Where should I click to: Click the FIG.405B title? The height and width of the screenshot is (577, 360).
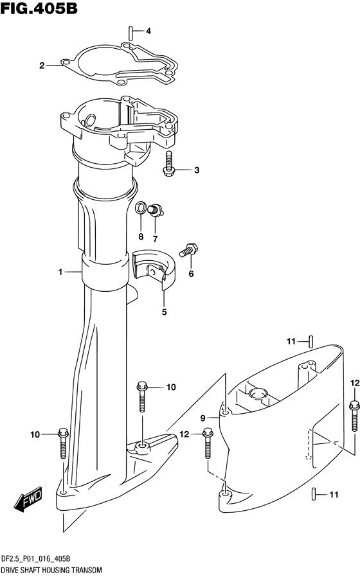pos(39,8)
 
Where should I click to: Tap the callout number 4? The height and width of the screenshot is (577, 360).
pos(148,31)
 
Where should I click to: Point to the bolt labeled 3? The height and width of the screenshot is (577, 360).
pos(168,164)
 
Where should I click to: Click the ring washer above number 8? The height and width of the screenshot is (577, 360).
pos(141,208)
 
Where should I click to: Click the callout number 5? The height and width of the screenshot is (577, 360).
pos(164,312)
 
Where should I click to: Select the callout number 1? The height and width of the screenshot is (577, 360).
pos(60,272)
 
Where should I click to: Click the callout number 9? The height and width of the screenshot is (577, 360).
pos(203,418)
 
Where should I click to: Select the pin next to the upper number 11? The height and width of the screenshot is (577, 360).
pos(311,341)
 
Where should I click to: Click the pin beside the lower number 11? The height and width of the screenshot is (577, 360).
pos(314,493)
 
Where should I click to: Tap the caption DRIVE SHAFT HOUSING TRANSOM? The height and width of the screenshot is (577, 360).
pos(51,571)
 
